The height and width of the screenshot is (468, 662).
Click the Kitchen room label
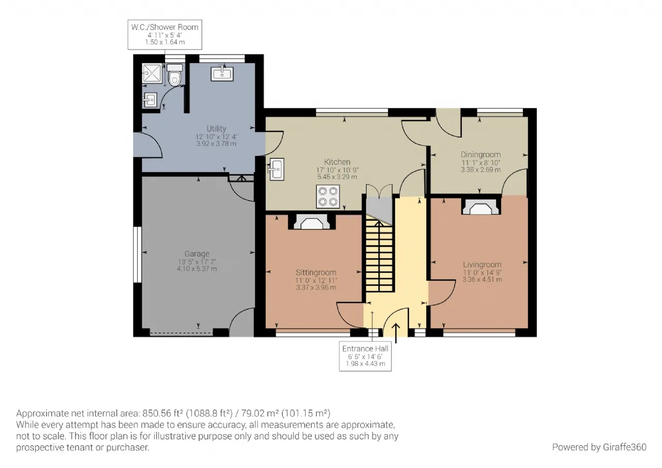click(337, 162)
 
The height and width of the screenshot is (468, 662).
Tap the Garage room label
click(197, 254)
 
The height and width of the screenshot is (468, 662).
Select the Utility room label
click(216, 129)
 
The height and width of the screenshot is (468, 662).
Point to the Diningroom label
click(480, 155)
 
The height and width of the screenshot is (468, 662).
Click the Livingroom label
click(482, 265)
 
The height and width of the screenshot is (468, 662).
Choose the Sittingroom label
click(316, 273)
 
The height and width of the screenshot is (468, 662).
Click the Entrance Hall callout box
click(365, 356)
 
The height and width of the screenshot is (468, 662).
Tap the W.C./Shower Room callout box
click(165, 35)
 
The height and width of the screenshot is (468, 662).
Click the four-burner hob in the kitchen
click(328, 197)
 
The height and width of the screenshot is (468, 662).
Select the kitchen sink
click(276, 169)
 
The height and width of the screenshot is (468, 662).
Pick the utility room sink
click(222, 73)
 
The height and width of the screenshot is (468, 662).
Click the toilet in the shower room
click(175, 75)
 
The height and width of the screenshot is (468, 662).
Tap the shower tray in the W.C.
click(152, 73)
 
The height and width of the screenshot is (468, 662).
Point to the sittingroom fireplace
click(312, 222)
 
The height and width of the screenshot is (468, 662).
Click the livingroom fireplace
click(481, 206)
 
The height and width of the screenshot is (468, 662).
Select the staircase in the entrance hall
click(379, 253)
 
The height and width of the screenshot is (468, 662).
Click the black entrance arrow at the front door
click(396, 333)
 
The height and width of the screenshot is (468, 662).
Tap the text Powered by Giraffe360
click(599, 447)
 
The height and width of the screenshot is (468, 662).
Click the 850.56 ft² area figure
click(162, 413)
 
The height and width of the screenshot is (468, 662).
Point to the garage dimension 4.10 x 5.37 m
click(197, 269)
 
